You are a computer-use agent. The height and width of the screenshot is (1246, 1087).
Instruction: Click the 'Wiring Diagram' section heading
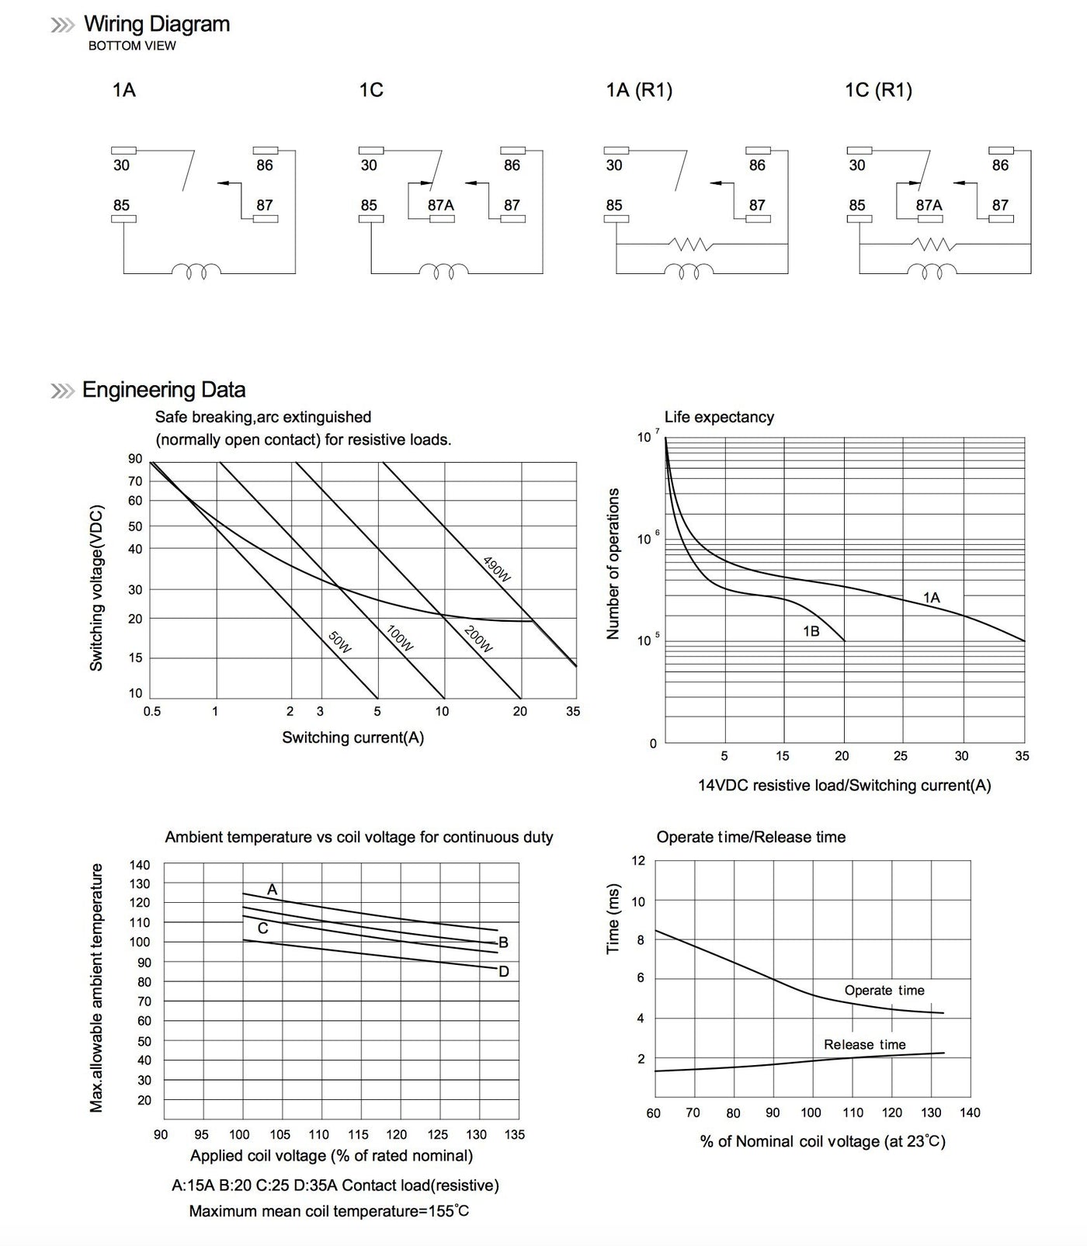[x=156, y=24]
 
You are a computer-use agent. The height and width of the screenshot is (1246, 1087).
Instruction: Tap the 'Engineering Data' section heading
[x=164, y=390]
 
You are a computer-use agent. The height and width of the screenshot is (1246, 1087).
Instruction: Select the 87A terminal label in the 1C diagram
[x=440, y=205]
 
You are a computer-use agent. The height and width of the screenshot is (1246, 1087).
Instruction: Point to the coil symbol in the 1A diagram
[x=196, y=272]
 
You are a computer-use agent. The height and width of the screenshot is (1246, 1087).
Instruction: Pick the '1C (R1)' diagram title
[x=878, y=90]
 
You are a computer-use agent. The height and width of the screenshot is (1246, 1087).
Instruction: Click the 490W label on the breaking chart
[x=497, y=570]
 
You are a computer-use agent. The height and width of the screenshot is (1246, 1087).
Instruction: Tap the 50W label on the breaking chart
[x=340, y=642]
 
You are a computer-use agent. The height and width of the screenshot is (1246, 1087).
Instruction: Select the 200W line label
[x=478, y=638]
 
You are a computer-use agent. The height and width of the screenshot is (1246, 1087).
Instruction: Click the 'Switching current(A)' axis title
[x=352, y=738]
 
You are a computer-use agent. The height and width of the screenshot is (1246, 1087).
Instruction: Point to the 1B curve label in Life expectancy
[x=811, y=632]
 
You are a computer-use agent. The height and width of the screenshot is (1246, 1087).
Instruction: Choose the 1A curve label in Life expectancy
[x=931, y=598]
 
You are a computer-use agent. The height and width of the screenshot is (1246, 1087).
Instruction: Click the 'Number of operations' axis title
[x=613, y=564]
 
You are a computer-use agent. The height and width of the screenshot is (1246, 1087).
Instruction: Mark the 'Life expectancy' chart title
[x=719, y=417]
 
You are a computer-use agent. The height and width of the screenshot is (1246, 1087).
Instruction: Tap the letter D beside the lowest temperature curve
[x=504, y=972]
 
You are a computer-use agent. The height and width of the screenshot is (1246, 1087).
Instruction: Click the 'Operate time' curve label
[x=884, y=991]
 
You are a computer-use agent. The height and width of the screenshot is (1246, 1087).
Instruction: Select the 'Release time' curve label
[x=864, y=1045]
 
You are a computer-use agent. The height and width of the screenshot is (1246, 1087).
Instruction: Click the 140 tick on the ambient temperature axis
[x=140, y=865]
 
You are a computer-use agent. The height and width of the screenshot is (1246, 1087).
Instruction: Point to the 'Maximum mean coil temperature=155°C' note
[x=328, y=1211]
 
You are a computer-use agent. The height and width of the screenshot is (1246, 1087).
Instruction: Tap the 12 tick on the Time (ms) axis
[x=638, y=860]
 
